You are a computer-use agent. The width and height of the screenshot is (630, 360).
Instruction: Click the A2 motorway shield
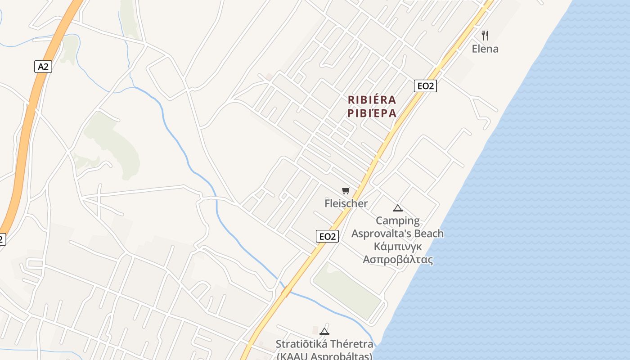pos(43,67)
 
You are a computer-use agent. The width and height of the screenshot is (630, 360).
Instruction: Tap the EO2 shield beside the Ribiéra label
pos(425,85)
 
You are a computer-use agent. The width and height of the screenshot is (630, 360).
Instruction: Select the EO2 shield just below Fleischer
pos(327,236)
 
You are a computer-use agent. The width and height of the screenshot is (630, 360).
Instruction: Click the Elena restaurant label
pos(485,49)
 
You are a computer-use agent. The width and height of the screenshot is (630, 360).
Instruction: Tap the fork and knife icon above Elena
pos(485,35)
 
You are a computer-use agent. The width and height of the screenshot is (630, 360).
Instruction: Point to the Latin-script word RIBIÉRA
pos(372,99)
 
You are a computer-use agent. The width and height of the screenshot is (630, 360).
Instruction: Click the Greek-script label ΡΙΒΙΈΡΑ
pos(372,113)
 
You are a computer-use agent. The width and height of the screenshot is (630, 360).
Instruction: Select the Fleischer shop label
pos(346,203)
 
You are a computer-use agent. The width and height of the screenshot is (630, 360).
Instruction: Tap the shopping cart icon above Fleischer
pos(346,191)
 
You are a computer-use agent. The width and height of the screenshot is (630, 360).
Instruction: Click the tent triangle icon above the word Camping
pos(397,208)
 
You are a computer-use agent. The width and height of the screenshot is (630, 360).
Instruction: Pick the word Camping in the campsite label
pos(398,220)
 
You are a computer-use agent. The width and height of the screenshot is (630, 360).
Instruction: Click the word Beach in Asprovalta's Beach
pos(425,234)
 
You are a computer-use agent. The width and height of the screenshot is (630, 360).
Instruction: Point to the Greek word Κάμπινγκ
pos(398,247)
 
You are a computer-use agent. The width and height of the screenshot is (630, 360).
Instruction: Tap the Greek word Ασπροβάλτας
pos(398,260)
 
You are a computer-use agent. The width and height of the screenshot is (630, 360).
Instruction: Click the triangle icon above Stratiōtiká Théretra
pos(324,332)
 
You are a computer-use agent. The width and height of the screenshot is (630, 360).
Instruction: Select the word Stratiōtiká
pos(301,344)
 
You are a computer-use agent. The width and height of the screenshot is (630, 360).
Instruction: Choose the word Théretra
pos(351,344)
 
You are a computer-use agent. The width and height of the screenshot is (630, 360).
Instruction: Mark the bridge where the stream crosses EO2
pos(286,291)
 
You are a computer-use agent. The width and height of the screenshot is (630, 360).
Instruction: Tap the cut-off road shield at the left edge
pos(2,239)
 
